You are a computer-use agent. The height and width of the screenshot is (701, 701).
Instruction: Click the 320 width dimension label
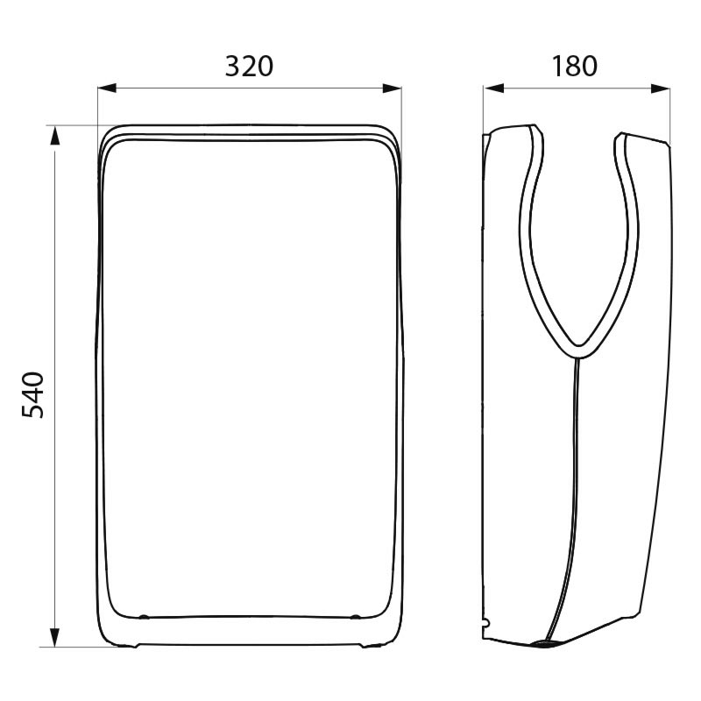249,67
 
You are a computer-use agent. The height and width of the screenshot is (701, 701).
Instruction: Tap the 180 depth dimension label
575,67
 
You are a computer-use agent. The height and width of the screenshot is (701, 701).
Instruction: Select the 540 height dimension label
33,395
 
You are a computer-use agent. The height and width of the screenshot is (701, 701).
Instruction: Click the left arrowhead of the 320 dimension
107,89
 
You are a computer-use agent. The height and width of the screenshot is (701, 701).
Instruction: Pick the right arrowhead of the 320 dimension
392,89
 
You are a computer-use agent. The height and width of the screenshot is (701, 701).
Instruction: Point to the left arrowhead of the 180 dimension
493,89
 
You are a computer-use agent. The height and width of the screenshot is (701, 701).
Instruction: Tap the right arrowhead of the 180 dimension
661,89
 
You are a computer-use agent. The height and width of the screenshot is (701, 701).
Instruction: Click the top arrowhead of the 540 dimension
54,136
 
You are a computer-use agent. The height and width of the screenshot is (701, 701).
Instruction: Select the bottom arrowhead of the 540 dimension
54,638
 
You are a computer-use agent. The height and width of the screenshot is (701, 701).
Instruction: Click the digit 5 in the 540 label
33,412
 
